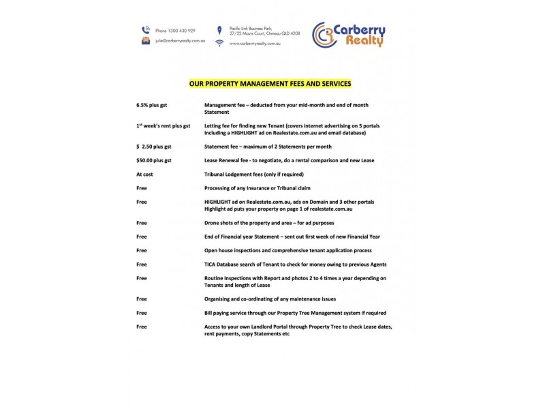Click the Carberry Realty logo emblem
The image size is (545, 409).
coord(326,35)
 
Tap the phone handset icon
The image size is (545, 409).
coord(145,30)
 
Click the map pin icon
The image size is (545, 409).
coord(219,30)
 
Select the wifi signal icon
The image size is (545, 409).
coord(219,43)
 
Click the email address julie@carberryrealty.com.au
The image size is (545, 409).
coord(180,41)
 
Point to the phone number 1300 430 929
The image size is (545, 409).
coord(175,31)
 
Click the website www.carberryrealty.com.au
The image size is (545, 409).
coord(255,43)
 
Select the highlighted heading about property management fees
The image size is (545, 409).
coord(270,85)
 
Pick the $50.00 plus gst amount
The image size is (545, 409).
coord(154,160)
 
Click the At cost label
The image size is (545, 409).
coord(144,175)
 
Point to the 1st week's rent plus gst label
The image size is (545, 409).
coord(163,126)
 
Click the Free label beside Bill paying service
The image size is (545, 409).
coord(142,313)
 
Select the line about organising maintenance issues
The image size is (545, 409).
coord(270,299)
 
